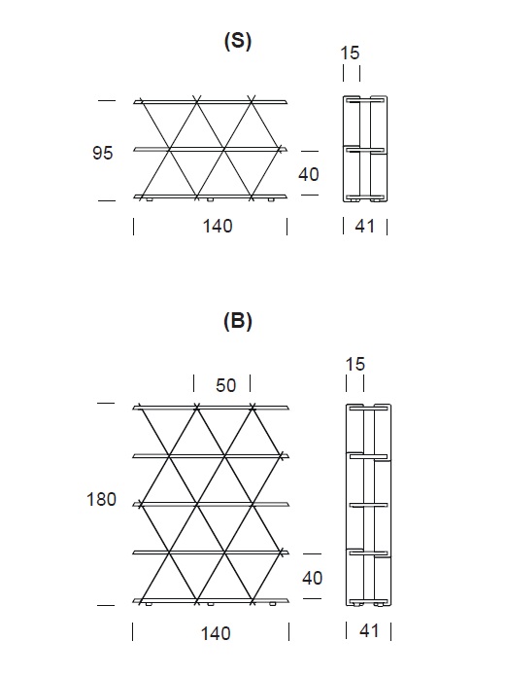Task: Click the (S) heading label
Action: (238, 42)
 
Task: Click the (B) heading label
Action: (238, 321)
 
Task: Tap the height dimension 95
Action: (103, 153)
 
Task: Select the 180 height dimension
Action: (101, 499)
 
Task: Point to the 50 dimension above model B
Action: (226, 385)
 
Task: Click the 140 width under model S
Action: (218, 226)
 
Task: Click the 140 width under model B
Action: (216, 633)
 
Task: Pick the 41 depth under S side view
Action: (365, 226)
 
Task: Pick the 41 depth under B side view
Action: (369, 631)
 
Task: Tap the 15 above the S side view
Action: (350, 53)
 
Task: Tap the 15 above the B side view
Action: (355, 364)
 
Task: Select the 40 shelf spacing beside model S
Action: (309, 174)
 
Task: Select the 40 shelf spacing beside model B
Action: (312, 578)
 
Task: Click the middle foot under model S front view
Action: (210, 200)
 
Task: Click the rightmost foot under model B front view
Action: (272, 604)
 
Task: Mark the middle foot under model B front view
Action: (211, 604)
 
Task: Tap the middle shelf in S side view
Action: (366, 150)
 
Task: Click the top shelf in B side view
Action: (368, 407)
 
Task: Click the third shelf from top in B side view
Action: (368, 504)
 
